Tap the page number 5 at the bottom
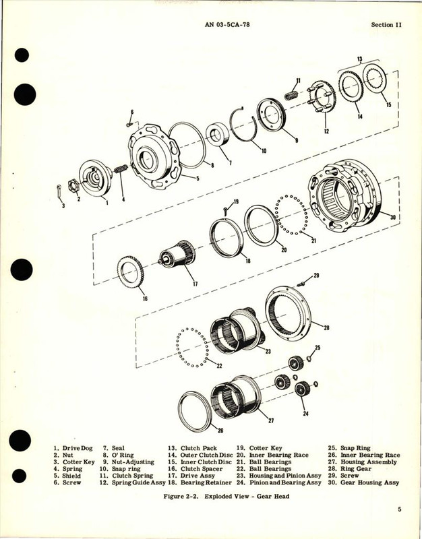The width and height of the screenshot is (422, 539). tap(399, 510)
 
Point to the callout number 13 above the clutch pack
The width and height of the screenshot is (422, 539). tap(360, 59)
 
